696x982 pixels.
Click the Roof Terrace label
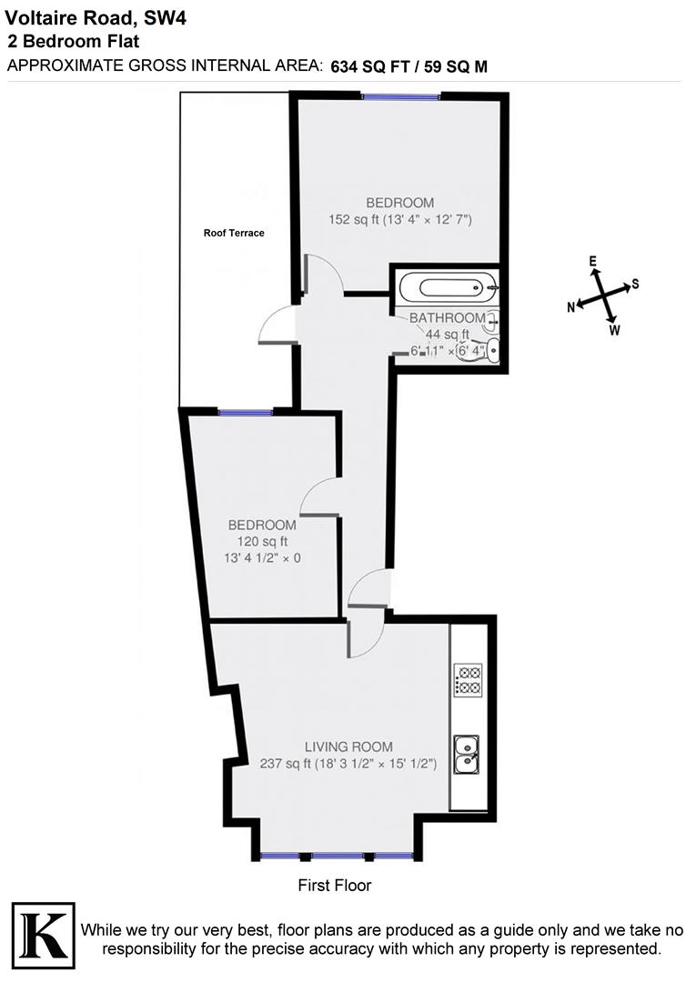click(x=234, y=234)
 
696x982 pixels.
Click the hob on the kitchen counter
click(x=468, y=681)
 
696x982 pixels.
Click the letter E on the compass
click(x=593, y=262)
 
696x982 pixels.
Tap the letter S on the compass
click(x=635, y=284)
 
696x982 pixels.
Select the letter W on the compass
click(x=614, y=330)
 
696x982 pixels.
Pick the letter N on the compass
click(x=571, y=307)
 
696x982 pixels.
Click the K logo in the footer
click(x=43, y=933)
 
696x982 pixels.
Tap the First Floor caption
click(x=335, y=885)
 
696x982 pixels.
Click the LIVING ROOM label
click(x=348, y=747)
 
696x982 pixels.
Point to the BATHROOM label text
click(x=447, y=318)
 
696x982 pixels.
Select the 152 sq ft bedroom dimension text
click(x=400, y=219)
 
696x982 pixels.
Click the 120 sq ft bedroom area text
click(x=262, y=541)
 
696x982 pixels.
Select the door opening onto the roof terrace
click(x=278, y=326)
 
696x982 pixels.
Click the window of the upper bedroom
click(x=401, y=96)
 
